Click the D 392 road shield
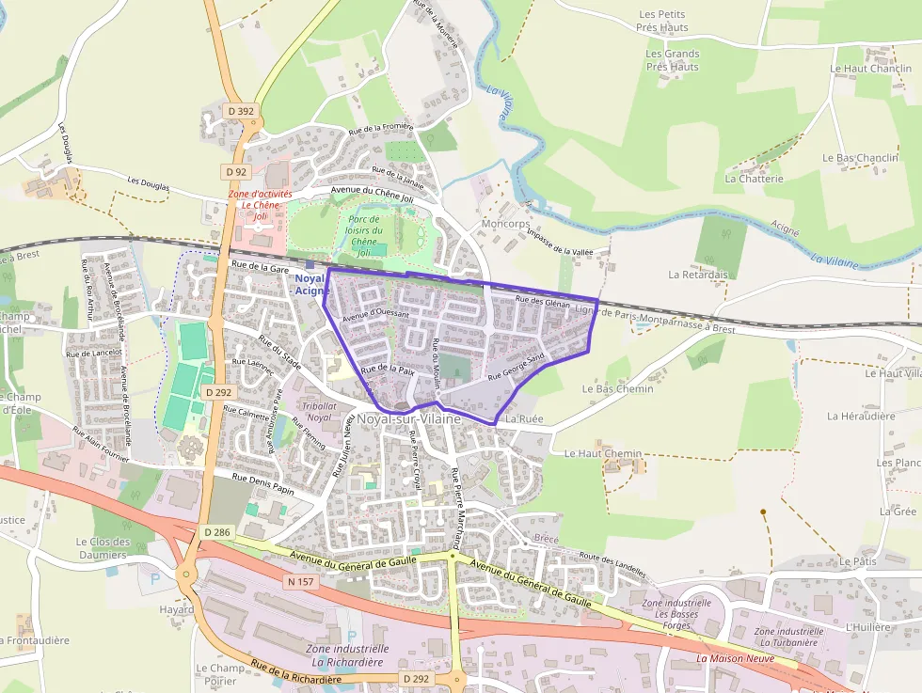pos(241,111)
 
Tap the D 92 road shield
pos(236,172)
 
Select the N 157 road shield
pos(300,582)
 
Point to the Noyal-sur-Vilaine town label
pos(408,418)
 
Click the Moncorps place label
pos(504,225)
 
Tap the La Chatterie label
pos(754,178)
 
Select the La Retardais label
pos(698,275)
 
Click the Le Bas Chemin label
pos(617,388)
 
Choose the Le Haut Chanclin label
pos(870,69)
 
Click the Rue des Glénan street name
pos(543,301)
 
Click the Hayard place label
pos(176,609)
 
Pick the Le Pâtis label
pos(857,561)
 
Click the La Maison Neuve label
pos(735,658)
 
